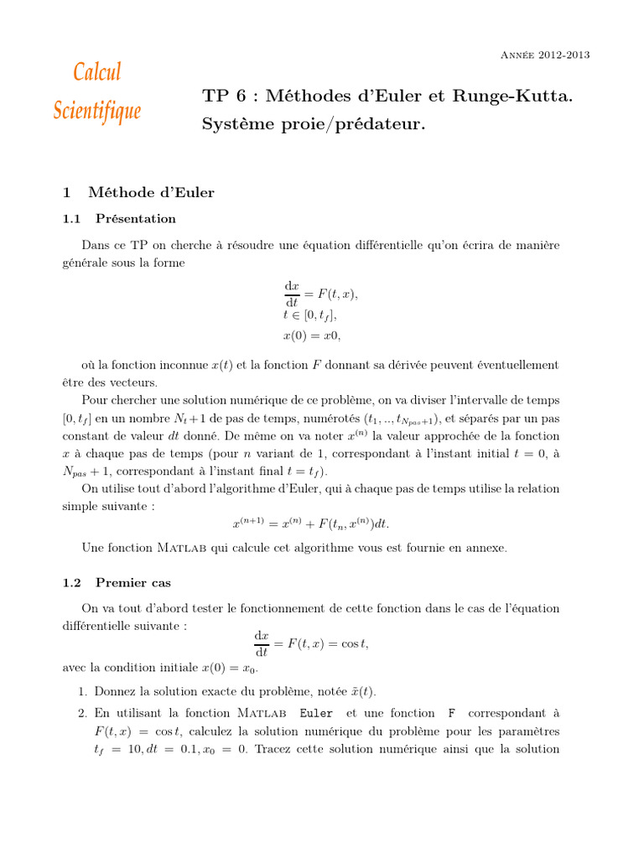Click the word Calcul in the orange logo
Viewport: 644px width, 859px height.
click(97, 72)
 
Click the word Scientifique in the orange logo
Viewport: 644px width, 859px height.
click(97, 110)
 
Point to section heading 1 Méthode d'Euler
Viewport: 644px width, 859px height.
click(139, 192)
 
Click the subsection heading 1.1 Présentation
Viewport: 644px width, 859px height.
click(120, 219)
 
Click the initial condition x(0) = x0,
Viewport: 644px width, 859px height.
click(312, 335)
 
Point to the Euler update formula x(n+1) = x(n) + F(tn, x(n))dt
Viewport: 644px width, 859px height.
click(311, 523)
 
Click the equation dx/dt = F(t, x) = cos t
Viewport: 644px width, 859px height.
click(311, 643)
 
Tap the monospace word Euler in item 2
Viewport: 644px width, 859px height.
click(315, 713)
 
